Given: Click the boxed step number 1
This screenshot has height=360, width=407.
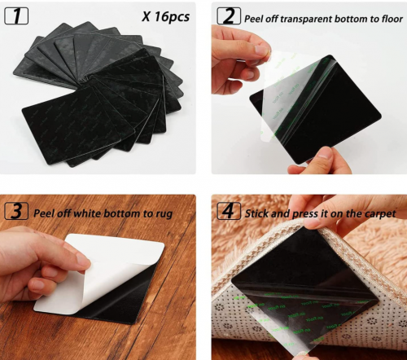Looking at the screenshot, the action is (16, 15).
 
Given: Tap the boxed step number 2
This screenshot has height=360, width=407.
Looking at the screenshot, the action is (229, 15).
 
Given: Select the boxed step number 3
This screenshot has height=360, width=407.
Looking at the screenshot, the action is (16, 211).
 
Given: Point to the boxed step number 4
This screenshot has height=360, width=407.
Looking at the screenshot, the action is (229, 211).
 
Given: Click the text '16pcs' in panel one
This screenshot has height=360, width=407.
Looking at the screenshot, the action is (172, 16).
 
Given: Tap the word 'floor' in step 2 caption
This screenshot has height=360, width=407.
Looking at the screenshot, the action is (392, 19).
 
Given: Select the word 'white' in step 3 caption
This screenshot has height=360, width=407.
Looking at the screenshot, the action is (87, 213).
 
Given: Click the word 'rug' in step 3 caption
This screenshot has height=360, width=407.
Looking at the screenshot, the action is (164, 214).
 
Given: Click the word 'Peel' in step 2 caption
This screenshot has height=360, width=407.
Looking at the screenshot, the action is (254, 19).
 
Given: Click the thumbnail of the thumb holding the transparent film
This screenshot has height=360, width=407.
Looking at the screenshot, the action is (261, 50).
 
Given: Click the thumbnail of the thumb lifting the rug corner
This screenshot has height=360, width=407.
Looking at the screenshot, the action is (312, 222).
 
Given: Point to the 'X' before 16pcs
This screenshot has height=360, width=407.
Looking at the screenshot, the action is (146, 17).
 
